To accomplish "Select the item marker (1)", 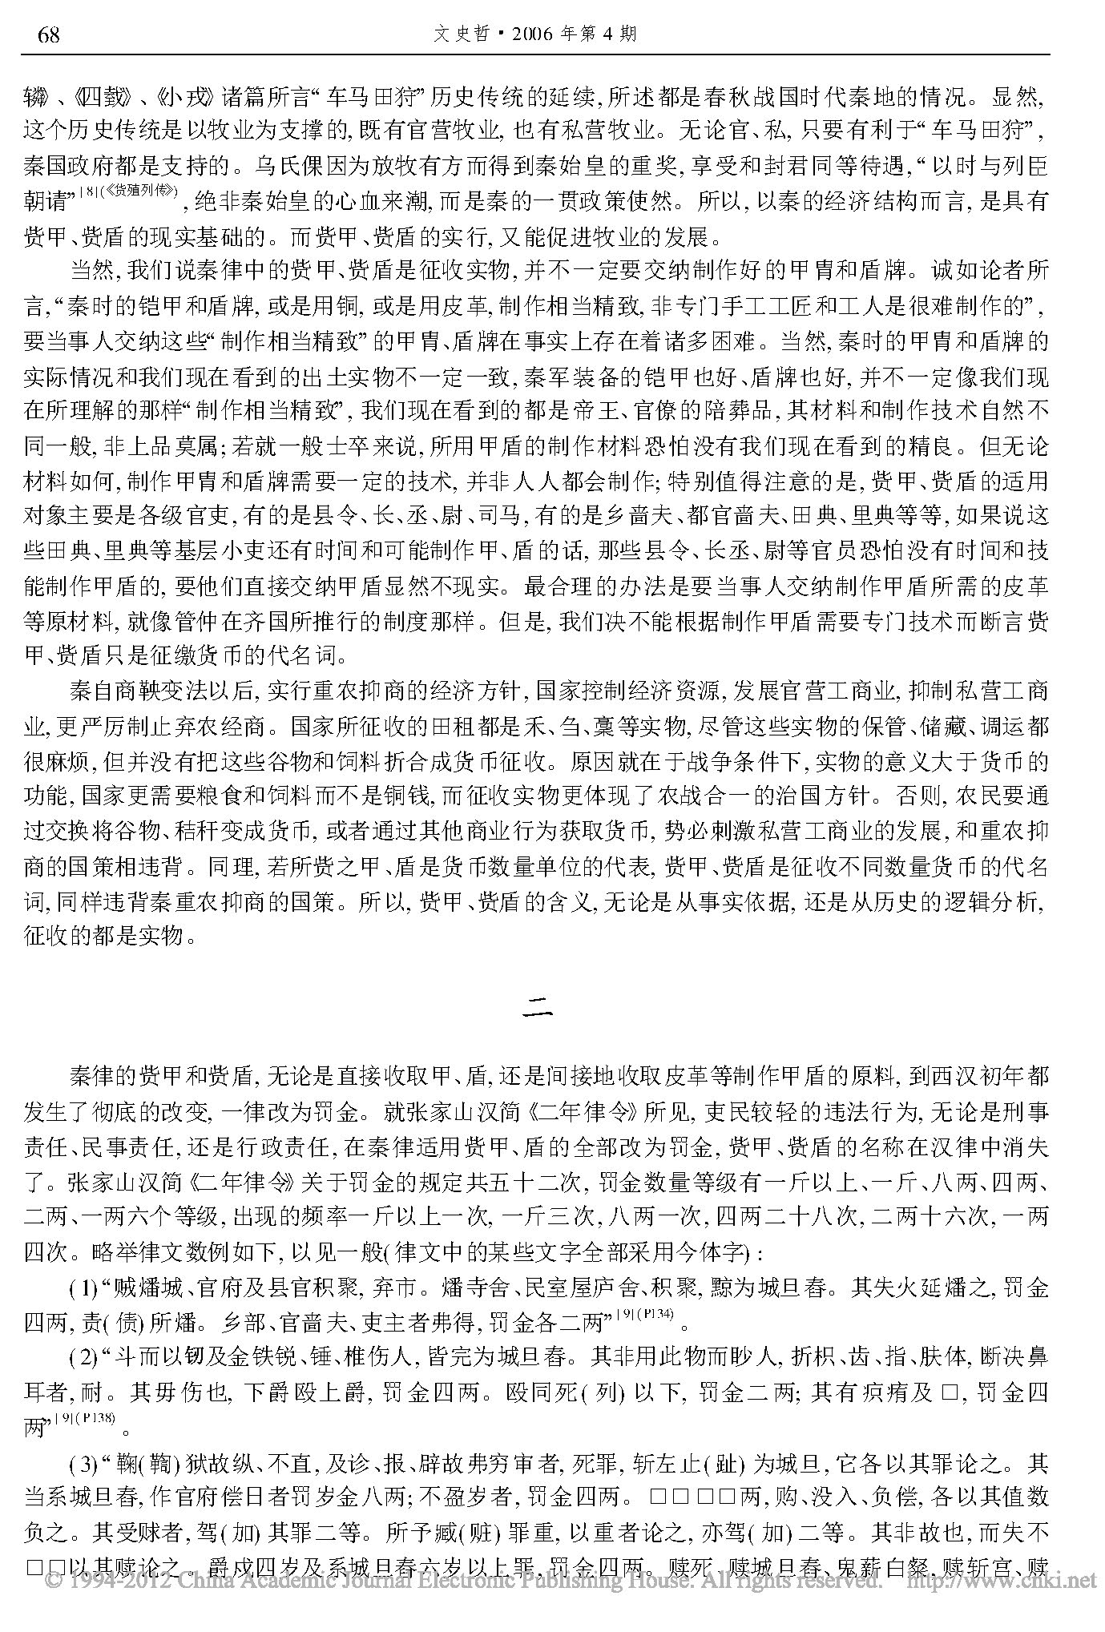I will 83,1290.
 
